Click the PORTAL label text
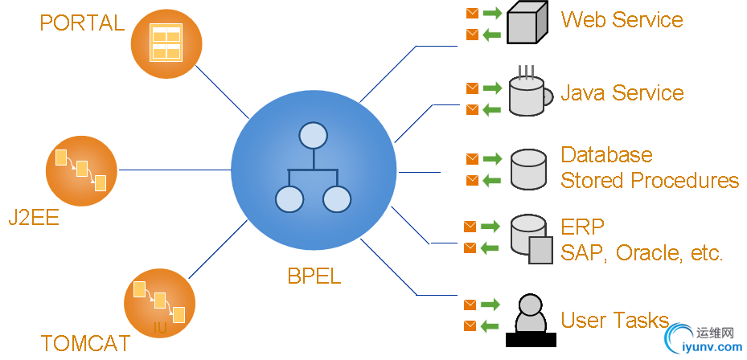pyautogui.click(x=82, y=22)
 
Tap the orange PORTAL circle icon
pyautogui.click(x=166, y=43)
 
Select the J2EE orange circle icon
pyautogui.click(x=80, y=170)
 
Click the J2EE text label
pyautogui.click(x=34, y=217)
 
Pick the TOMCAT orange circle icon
pyautogui.click(x=159, y=303)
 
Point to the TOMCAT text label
pyautogui.click(x=85, y=344)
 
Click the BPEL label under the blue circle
pyautogui.click(x=314, y=276)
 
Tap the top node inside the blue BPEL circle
pyautogui.click(x=312, y=136)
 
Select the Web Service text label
pyautogui.click(x=622, y=19)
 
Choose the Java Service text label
pyautogui.click(x=622, y=93)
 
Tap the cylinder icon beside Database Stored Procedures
pyautogui.click(x=528, y=170)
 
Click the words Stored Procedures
pyautogui.click(x=650, y=180)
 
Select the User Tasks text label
pyautogui.click(x=615, y=320)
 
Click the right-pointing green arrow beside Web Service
pyautogui.click(x=492, y=13)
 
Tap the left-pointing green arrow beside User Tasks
pyautogui.click(x=491, y=326)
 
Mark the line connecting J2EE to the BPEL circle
pyautogui.click(x=174, y=170)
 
